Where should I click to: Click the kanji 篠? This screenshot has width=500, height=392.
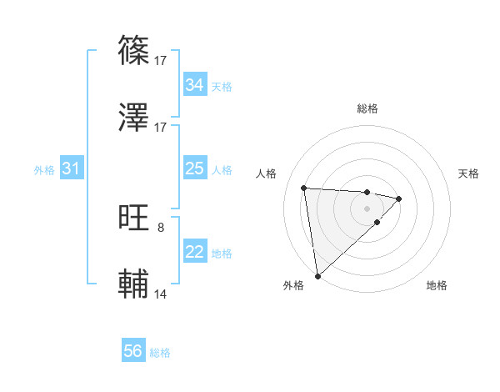click(x=135, y=50)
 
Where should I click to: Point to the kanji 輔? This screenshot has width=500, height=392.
click(x=135, y=284)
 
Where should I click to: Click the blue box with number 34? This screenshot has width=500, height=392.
click(x=194, y=85)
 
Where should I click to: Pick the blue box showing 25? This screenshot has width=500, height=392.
click(x=194, y=169)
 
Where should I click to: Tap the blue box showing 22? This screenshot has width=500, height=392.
click(x=194, y=253)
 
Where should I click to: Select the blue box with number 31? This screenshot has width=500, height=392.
click(x=71, y=169)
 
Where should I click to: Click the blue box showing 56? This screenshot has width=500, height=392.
click(x=132, y=352)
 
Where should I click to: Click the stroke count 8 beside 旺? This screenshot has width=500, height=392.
click(x=161, y=227)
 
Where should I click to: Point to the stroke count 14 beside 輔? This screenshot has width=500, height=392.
click(x=161, y=294)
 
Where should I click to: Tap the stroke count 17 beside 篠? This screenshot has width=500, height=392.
click(x=161, y=60)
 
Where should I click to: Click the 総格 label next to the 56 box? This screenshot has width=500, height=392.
click(x=160, y=354)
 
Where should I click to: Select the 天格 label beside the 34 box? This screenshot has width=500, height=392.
click(x=222, y=87)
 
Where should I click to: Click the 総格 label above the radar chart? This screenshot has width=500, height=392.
click(x=367, y=108)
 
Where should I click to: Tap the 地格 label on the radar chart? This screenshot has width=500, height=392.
click(x=437, y=285)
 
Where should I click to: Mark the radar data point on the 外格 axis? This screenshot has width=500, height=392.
click(x=317, y=275)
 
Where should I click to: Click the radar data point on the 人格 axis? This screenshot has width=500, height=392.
click(x=304, y=187)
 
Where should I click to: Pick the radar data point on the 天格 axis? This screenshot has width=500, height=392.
click(x=399, y=199)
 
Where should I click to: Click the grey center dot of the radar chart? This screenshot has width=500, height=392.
click(x=367, y=209)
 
